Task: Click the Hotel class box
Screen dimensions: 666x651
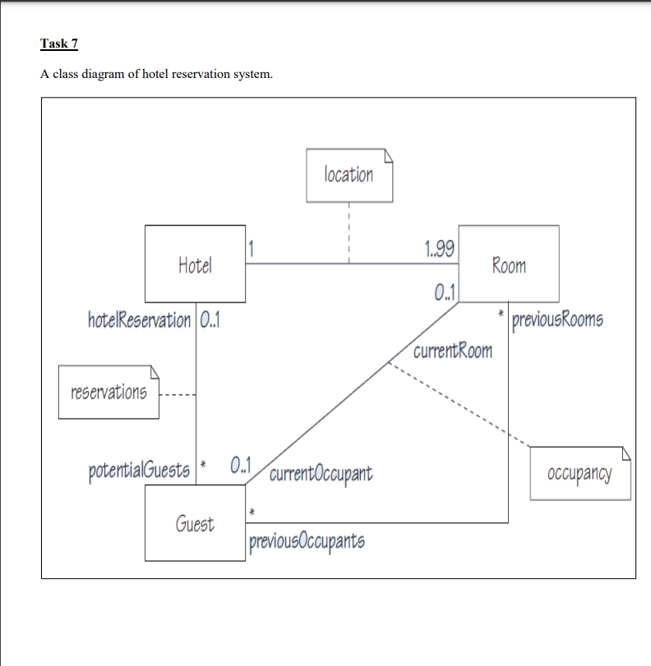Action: (x=195, y=264)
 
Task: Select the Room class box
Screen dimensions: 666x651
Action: (x=508, y=264)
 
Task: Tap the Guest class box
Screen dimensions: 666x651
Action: (x=195, y=522)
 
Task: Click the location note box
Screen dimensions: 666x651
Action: (x=349, y=175)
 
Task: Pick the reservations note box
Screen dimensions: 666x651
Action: (x=108, y=392)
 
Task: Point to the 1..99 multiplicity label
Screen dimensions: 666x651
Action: (x=441, y=248)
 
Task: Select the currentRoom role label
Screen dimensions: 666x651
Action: (x=453, y=351)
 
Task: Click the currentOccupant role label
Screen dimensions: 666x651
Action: (x=320, y=473)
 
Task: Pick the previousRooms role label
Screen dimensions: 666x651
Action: (x=556, y=319)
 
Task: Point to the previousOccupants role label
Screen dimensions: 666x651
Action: (x=305, y=541)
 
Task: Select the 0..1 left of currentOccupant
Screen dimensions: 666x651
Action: (x=242, y=465)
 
